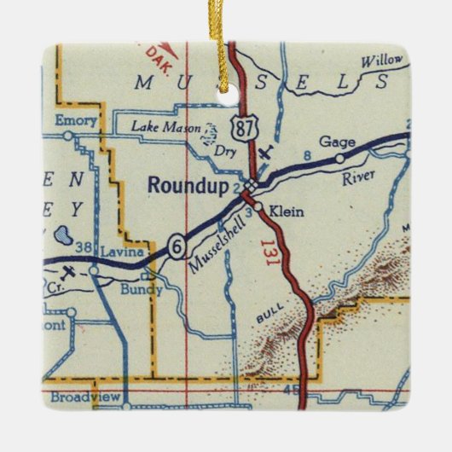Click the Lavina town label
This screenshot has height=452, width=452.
click(119, 252)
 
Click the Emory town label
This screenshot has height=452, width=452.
click(76, 120)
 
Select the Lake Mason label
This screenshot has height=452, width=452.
click(164, 127)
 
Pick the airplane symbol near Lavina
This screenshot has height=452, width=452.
click(68, 272)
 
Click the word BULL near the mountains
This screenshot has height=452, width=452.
click(264, 318)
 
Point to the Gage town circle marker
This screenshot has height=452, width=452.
click(339, 158)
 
